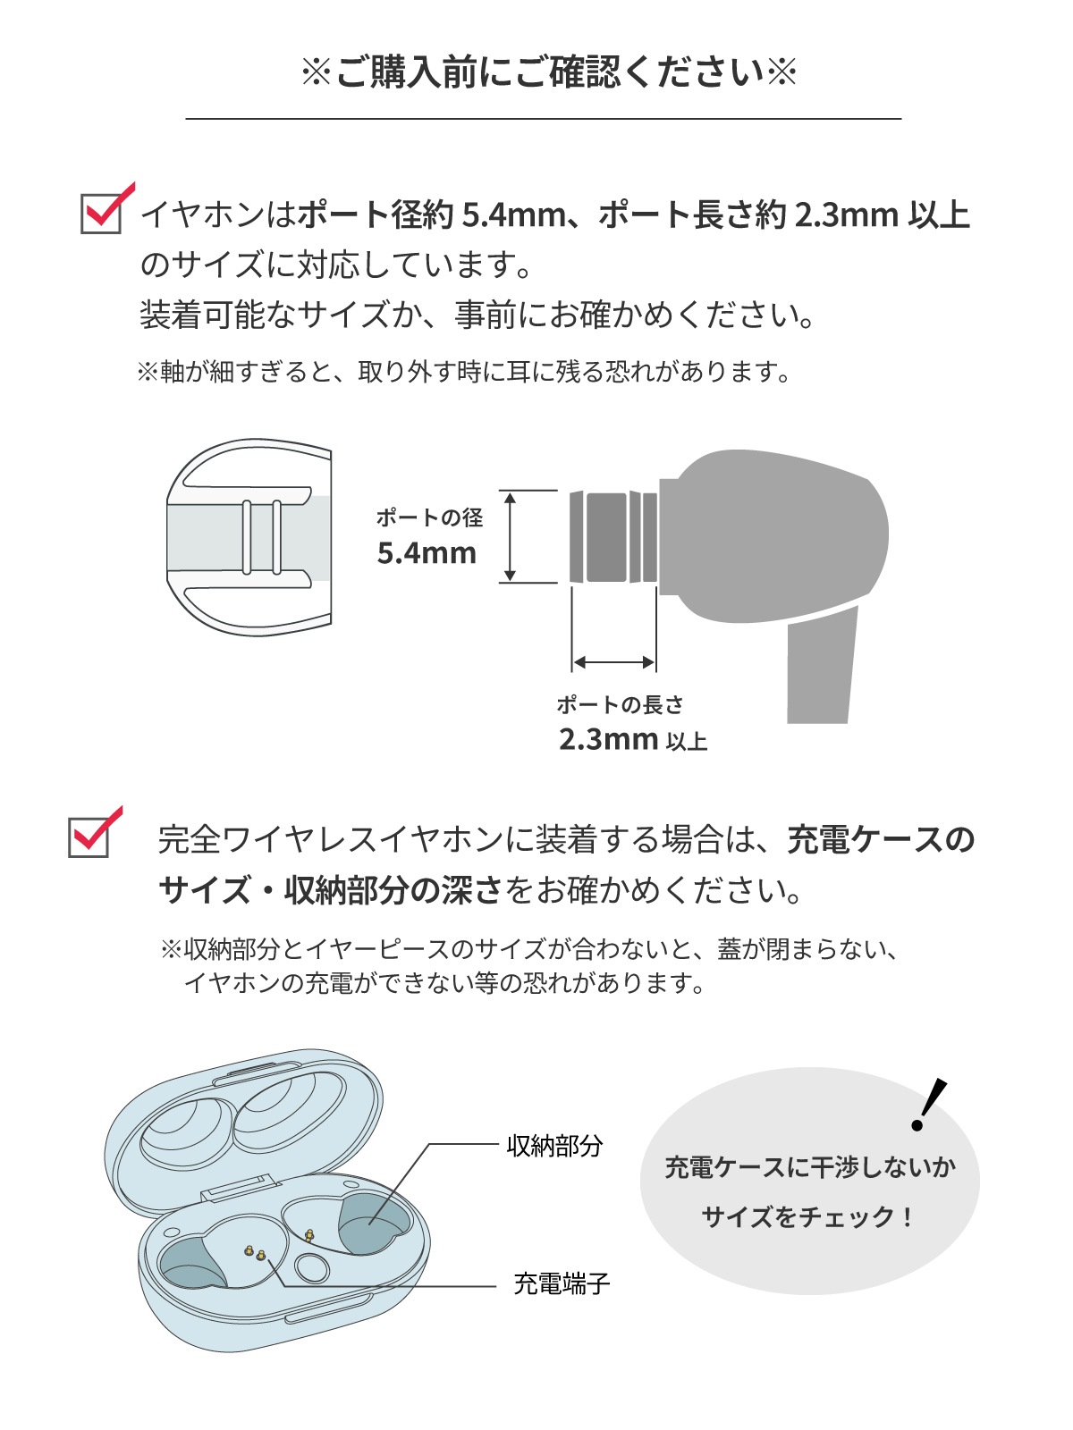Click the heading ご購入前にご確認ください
[548, 73]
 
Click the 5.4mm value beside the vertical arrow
[427, 553]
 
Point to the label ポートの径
[429, 517]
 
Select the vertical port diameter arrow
[511, 536]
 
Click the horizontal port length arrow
[614, 662]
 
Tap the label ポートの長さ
[620, 705]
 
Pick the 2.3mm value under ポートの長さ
[609, 740]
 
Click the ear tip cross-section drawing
[249, 536]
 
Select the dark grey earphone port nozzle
[613, 536]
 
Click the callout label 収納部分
[554, 1146]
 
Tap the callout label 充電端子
[562, 1284]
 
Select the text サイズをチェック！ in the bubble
[808, 1217]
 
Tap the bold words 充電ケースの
[881, 840]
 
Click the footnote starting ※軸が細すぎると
[464, 372]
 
